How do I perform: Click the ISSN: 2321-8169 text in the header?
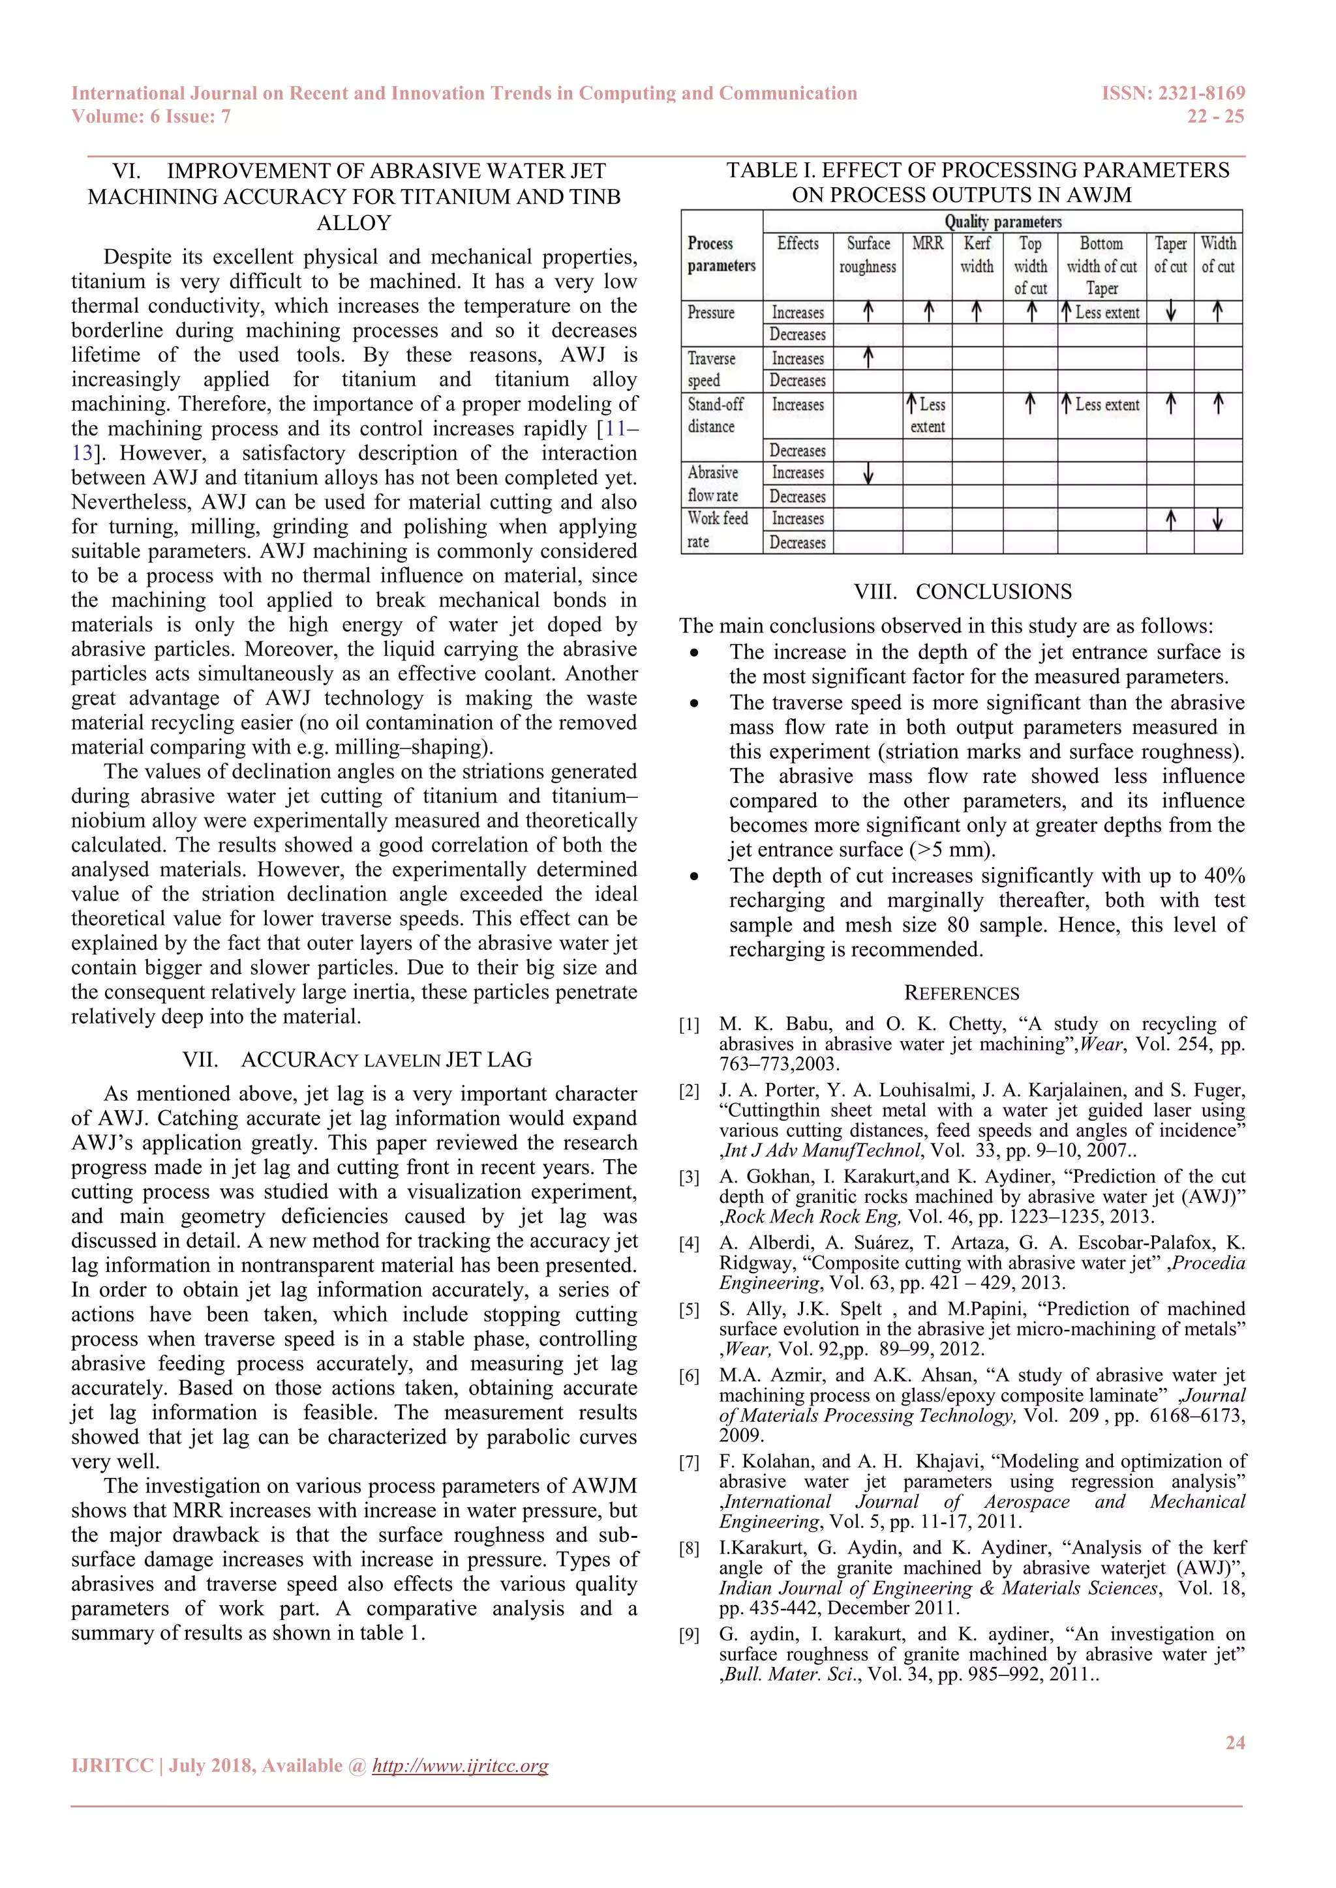1172,93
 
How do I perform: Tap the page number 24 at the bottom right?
1234,1743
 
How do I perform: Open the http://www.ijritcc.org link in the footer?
460,1765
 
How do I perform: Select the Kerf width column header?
977,255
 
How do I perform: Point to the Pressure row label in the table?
711,312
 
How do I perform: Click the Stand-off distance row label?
715,415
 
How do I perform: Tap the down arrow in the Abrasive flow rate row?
868,474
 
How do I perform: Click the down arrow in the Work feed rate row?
1217,520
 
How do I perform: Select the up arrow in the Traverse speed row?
868,358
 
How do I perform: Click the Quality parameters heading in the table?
1002,221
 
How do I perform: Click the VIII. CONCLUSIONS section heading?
962,592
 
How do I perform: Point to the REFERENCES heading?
961,994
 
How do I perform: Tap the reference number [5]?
689,1310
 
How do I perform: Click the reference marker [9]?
689,1636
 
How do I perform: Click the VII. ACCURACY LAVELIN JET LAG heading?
357,1059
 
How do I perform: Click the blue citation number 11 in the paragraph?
615,428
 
